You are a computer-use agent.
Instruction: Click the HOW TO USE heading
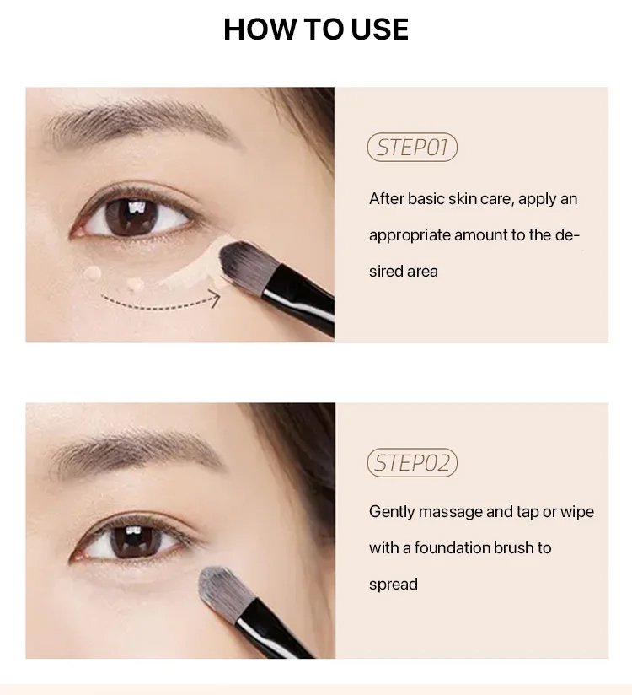(x=316, y=30)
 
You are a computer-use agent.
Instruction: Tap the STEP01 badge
(x=412, y=147)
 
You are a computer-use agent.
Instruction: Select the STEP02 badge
(x=412, y=463)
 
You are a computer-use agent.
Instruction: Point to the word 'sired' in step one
(x=386, y=271)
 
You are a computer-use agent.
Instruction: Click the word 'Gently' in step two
(x=392, y=512)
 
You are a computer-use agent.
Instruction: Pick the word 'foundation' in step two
(x=452, y=548)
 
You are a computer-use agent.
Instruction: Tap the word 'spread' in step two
(x=394, y=585)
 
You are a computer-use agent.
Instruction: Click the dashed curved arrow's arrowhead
(x=216, y=298)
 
